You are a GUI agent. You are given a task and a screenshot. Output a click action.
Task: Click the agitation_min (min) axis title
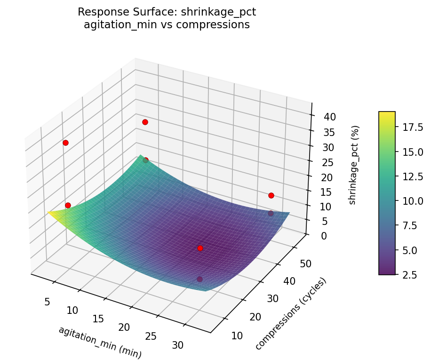click(100, 342)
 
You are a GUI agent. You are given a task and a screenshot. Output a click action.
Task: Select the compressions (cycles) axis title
click(291, 314)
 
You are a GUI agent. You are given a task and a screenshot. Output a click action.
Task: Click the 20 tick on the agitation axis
click(123, 327)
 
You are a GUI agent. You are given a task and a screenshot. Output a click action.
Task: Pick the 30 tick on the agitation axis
click(178, 345)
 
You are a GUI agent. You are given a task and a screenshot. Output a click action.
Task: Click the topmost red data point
click(145, 122)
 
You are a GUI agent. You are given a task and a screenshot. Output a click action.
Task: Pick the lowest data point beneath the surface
click(200, 279)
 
